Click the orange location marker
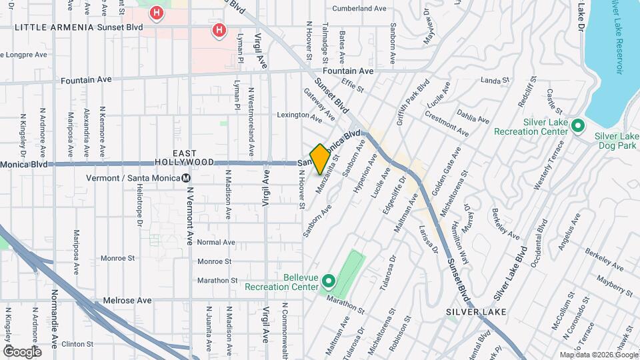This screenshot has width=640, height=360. pos(320,159)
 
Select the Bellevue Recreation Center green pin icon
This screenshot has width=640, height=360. pos(328,281)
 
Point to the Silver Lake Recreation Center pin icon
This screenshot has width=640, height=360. pos(578,125)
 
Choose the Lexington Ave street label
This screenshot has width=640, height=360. pos(299,115)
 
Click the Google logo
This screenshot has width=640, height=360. pos(22,351)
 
